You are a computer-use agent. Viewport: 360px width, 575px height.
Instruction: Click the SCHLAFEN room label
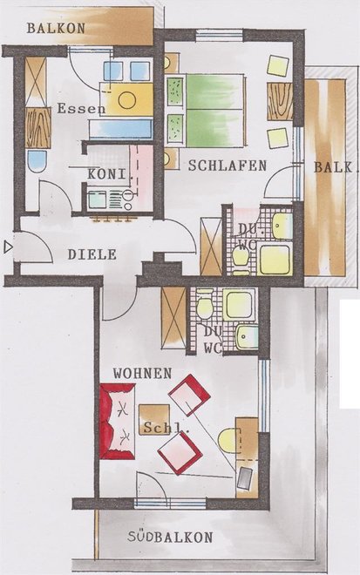pos(228,166)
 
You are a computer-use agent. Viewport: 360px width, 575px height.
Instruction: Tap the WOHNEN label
pos(142,373)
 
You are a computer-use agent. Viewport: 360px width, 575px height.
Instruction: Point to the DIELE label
pos(92,254)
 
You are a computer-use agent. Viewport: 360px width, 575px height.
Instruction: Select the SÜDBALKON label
pos(170,538)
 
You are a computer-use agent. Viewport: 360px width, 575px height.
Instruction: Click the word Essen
pos(81,109)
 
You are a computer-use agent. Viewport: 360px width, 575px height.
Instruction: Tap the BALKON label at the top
pos(56,28)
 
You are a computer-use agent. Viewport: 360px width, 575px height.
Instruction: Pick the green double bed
pos(206,111)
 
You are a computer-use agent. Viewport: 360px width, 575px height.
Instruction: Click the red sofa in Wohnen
pos(118,422)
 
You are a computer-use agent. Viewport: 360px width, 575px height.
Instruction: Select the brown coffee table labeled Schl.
pos(154,420)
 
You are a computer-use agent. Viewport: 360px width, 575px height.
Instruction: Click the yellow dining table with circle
pos(126,99)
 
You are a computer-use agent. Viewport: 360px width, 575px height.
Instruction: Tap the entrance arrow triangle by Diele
pos(7,247)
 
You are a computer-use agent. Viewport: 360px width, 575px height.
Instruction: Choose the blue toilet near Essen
pos(37,161)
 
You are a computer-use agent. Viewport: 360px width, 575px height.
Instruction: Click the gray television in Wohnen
pos(245,478)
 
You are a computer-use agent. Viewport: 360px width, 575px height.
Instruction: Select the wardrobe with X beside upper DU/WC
pos(211,247)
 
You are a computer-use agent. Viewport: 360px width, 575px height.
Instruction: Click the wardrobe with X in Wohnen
pos(173,318)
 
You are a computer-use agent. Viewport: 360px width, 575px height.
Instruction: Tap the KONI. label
pos(108,174)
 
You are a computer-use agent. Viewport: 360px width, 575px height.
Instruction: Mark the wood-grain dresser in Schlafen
pos(280,102)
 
